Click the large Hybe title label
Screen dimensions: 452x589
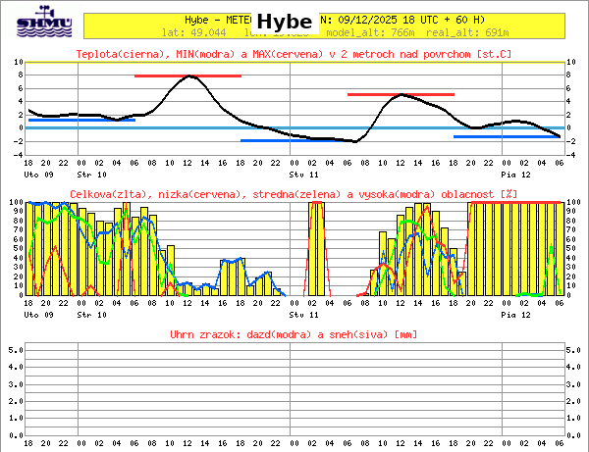284,22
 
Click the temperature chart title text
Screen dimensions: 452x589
294,53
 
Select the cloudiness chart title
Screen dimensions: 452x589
294,194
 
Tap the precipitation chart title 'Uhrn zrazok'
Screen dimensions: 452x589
294,335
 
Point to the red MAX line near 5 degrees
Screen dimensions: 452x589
401,94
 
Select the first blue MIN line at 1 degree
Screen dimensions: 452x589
75,120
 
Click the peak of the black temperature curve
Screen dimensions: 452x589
190,76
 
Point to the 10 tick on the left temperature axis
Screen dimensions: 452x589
19,62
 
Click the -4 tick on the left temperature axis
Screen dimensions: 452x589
19,154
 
